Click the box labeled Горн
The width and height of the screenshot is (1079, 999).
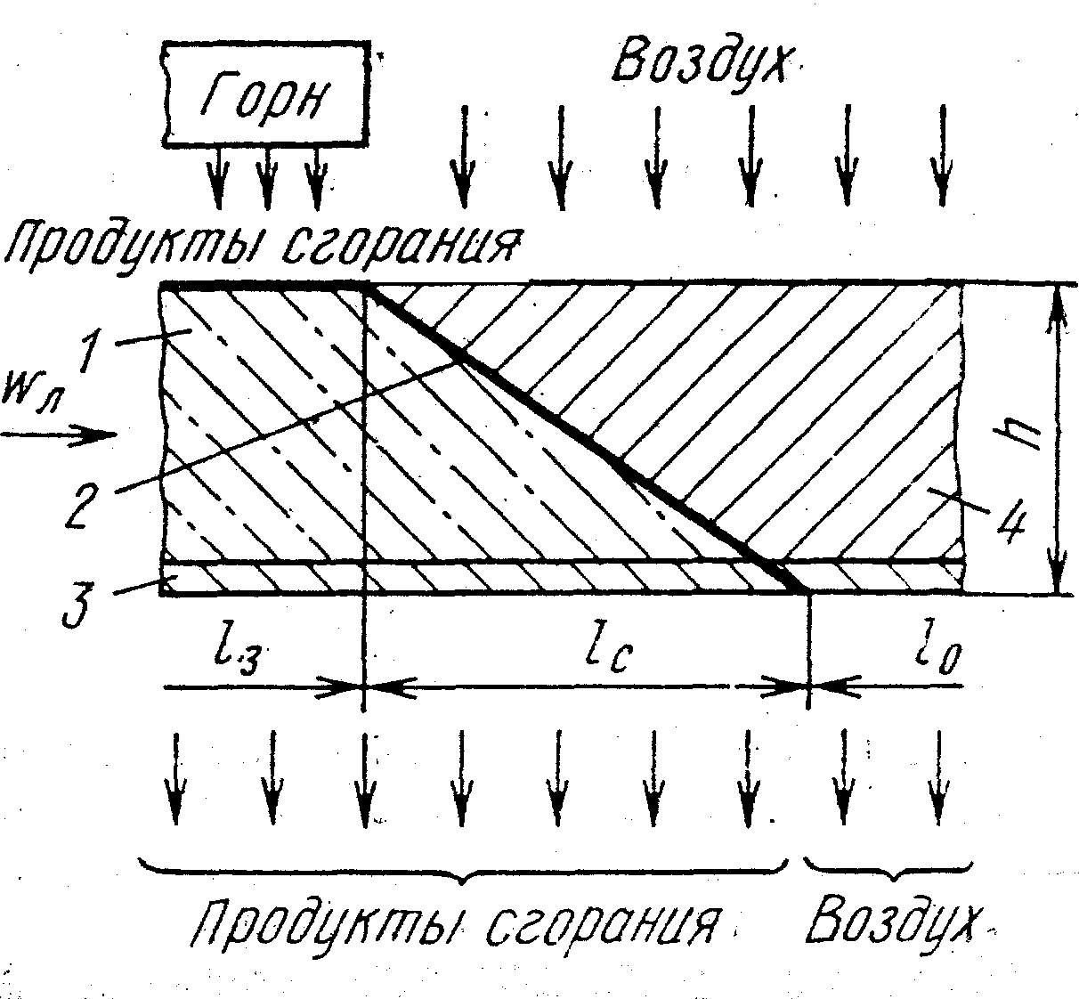(266, 93)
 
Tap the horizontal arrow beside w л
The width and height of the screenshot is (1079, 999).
(58, 435)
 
